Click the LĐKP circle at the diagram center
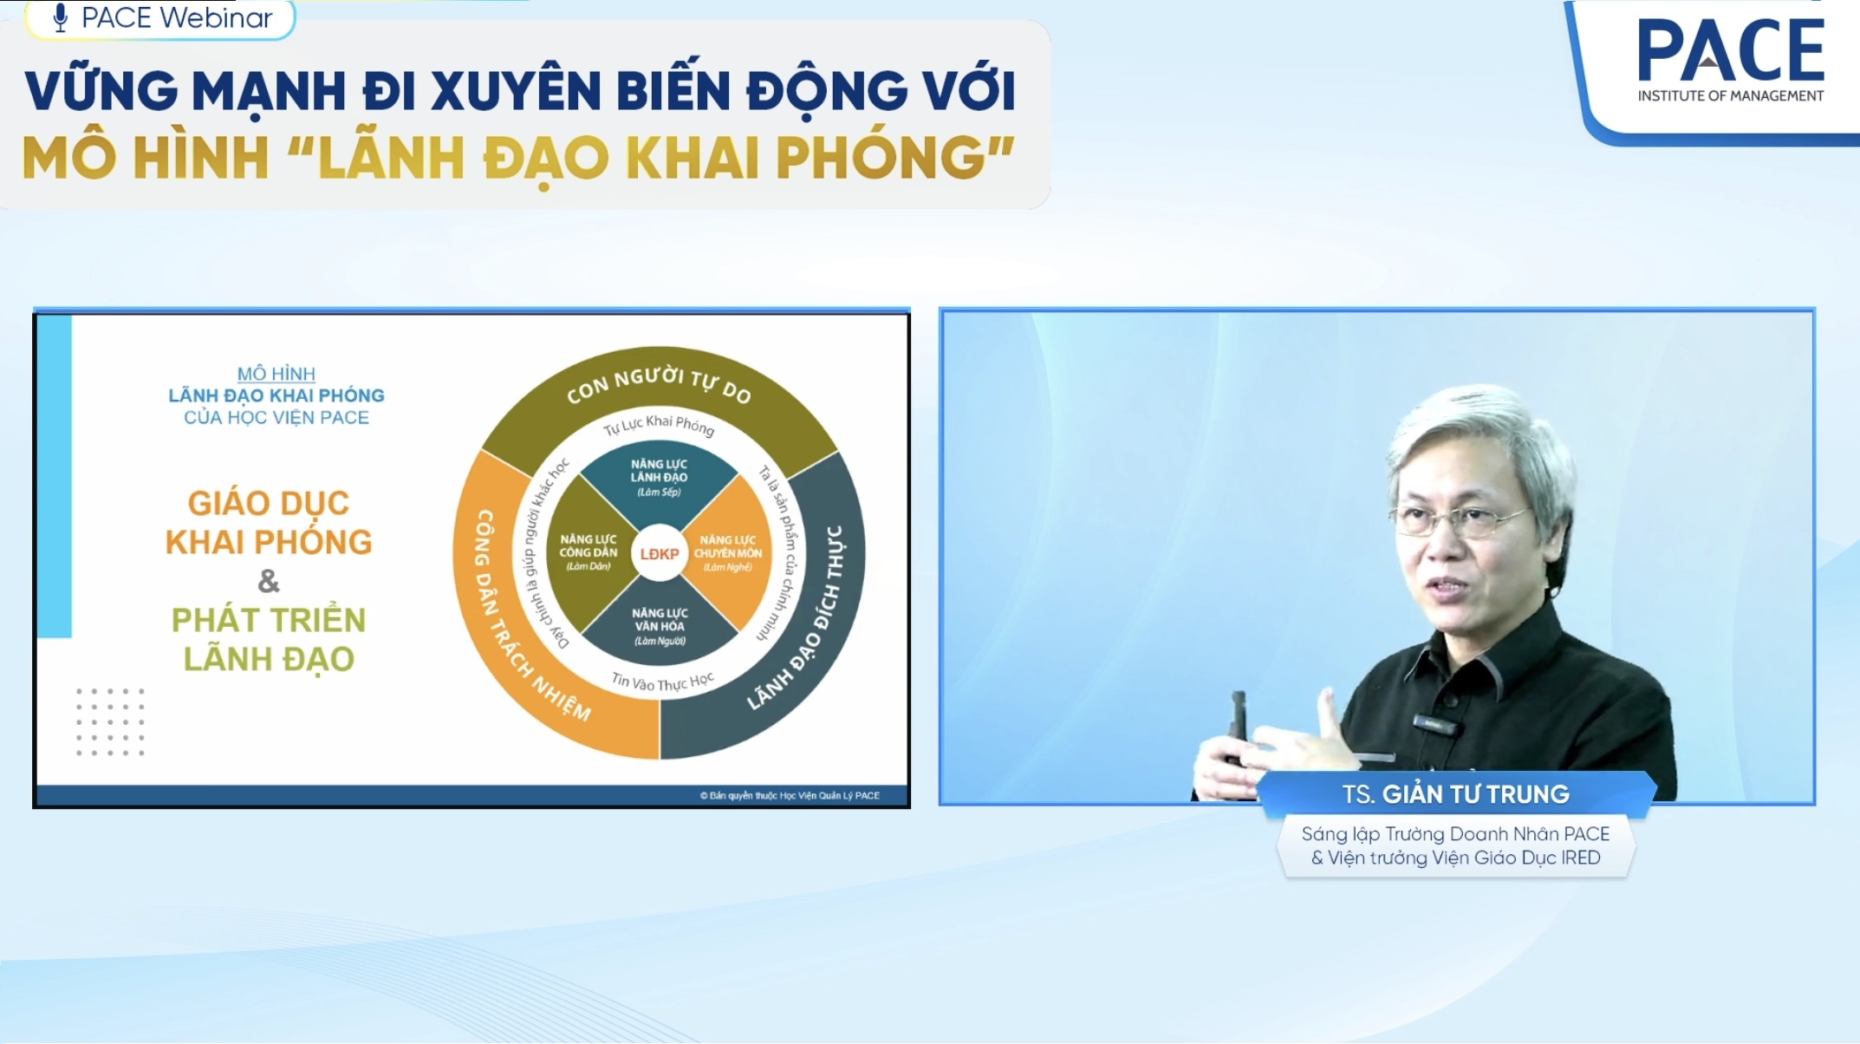tap(659, 553)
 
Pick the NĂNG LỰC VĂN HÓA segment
tap(659, 626)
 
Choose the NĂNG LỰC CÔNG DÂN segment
tap(589, 552)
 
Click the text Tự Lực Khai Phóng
tap(659, 425)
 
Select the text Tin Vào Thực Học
tap(662, 682)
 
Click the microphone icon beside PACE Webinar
tap(60, 17)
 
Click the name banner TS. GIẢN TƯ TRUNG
tap(1456, 794)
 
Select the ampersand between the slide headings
tap(269, 581)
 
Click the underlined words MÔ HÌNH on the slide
tap(276, 374)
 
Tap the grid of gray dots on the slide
tap(110, 722)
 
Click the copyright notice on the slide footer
tap(790, 795)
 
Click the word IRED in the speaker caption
tap(1580, 858)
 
